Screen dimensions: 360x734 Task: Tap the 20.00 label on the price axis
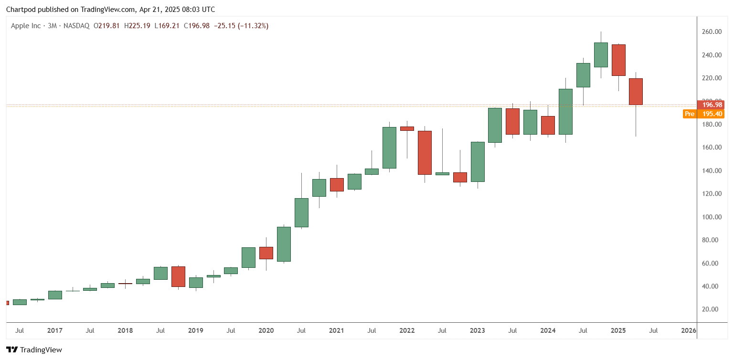coord(712,309)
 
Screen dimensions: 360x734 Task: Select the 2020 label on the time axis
coord(266,330)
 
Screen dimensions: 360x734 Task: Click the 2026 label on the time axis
coord(688,330)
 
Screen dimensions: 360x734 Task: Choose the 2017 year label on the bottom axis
coord(55,330)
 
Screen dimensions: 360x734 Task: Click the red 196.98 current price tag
coord(711,104)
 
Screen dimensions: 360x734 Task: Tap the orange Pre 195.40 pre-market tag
coord(704,114)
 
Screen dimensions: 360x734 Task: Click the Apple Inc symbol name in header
coord(26,26)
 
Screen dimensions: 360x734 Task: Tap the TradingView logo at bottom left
coord(34,349)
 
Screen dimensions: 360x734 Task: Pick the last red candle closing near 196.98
coord(636,92)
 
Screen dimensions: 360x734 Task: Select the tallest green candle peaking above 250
coord(601,55)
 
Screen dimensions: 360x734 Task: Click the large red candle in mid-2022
coord(425,153)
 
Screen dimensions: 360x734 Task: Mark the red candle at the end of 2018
coord(178,276)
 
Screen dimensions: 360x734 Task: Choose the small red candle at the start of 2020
coord(266,253)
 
